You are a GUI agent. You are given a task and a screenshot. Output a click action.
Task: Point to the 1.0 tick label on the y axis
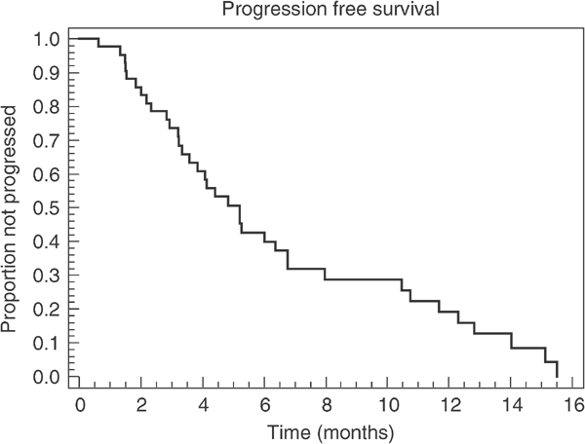46,39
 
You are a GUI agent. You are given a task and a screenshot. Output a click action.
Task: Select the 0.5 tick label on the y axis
46,208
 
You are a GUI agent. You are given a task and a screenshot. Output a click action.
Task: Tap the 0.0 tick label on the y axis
46,377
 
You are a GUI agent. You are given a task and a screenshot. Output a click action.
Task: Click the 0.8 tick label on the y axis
46,107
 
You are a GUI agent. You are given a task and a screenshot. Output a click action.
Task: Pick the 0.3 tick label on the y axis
46,276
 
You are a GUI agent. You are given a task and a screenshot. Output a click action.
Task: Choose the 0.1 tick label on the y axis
46,343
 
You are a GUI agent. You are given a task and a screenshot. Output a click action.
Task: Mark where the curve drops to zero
557,376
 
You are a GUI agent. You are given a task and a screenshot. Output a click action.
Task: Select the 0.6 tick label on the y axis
46,174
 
